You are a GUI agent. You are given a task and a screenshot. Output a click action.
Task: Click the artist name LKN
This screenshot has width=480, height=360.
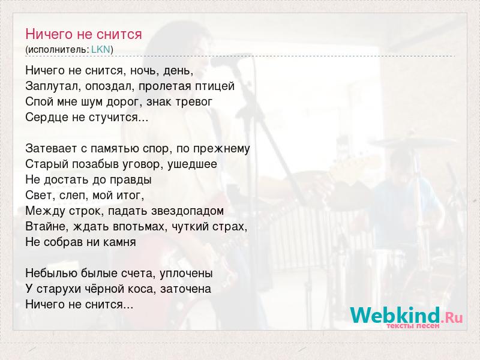pyautogui.click(x=101, y=49)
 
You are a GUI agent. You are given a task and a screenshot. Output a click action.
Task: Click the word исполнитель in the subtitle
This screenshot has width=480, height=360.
pyautogui.click(x=57, y=50)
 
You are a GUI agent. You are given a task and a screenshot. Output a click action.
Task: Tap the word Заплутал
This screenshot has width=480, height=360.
pyautogui.click(x=51, y=86)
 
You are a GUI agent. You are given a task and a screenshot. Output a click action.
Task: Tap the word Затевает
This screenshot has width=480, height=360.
pyautogui.click(x=52, y=149)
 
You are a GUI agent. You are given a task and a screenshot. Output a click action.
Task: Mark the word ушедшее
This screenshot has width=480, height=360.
pyautogui.click(x=193, y=164)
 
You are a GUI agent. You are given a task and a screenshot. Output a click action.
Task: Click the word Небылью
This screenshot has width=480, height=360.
pyautogui.click(x=51, y=273)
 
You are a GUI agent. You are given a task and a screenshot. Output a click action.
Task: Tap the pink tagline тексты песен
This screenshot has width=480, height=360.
pyautogui.click(x=413, y=326)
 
